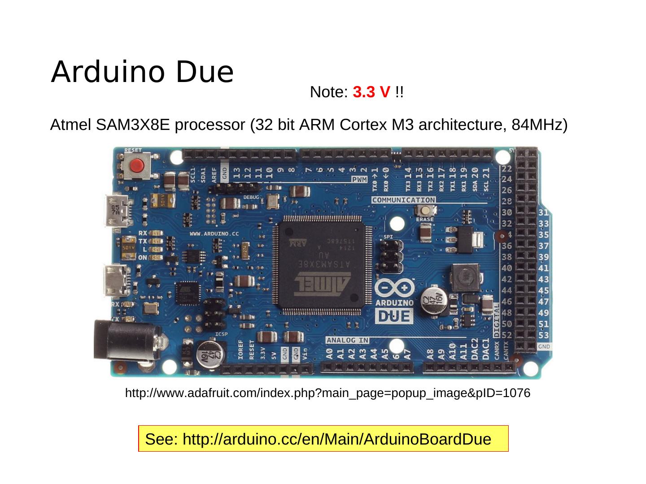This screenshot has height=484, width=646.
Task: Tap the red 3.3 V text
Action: coord(371,92)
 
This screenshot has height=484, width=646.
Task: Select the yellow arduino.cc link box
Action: coord(323,439)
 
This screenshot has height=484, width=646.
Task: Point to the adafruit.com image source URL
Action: coord(327,393)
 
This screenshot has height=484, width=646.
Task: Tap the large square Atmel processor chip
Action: coord(321,264)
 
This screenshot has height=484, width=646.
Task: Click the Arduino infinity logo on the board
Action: coord(394,289)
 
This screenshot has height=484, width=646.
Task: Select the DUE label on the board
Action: coord(394,316)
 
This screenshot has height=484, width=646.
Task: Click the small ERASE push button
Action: coord(425,211)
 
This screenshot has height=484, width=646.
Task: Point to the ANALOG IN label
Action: coord(347,341)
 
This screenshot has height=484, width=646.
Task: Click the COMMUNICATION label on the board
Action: coord(403,200)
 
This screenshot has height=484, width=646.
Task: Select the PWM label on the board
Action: coord(359,180)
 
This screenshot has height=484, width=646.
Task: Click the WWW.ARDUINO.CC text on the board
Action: coord(214,233)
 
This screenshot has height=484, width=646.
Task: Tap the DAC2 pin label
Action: coord(474,350)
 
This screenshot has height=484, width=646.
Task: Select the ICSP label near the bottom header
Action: coord(222,334)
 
